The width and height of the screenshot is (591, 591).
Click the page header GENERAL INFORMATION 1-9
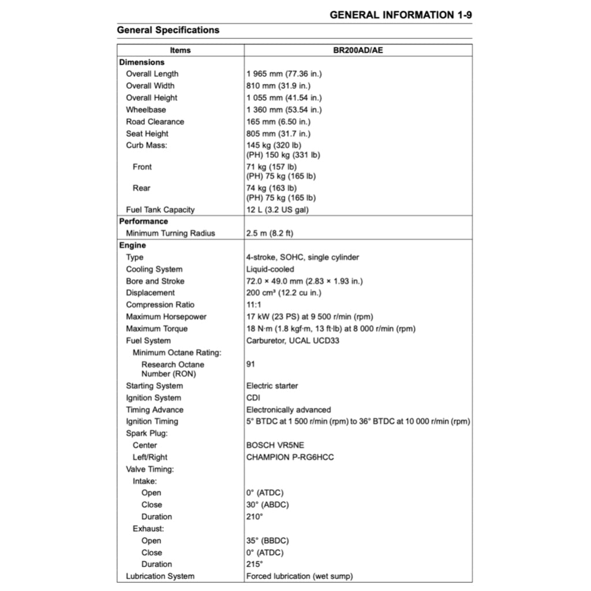coord(401,15)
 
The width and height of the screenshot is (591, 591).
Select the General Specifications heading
coord(168,30)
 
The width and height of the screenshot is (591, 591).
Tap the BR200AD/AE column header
coord(358,50)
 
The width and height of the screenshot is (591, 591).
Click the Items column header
coord(180,50)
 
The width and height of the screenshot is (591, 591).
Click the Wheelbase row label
coord(146,110)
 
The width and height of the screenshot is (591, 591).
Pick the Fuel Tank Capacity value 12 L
coord(278,210)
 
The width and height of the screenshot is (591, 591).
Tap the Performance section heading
coord(144,221)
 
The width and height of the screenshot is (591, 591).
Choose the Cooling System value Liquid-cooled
coord(270,269)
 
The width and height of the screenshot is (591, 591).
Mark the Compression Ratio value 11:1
coord(254,305)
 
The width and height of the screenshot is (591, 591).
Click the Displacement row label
coord(150,293)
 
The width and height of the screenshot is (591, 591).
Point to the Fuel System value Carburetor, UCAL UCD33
coord(293,341)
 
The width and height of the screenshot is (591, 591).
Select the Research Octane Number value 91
coord(250,364)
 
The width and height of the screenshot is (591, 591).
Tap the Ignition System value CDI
coord(253,398)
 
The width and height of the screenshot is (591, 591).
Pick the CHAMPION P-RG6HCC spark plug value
coord(290,457)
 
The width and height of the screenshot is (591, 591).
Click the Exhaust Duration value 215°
coord(255,564)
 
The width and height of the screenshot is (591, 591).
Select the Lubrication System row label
coord(160,576)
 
